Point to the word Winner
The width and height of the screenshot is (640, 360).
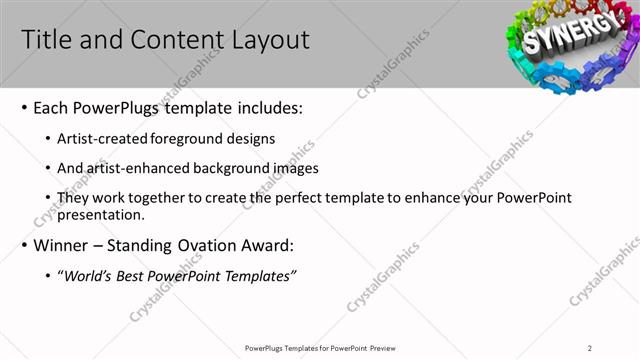click(65, 246)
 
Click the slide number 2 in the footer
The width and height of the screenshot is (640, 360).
click(590, 348)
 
